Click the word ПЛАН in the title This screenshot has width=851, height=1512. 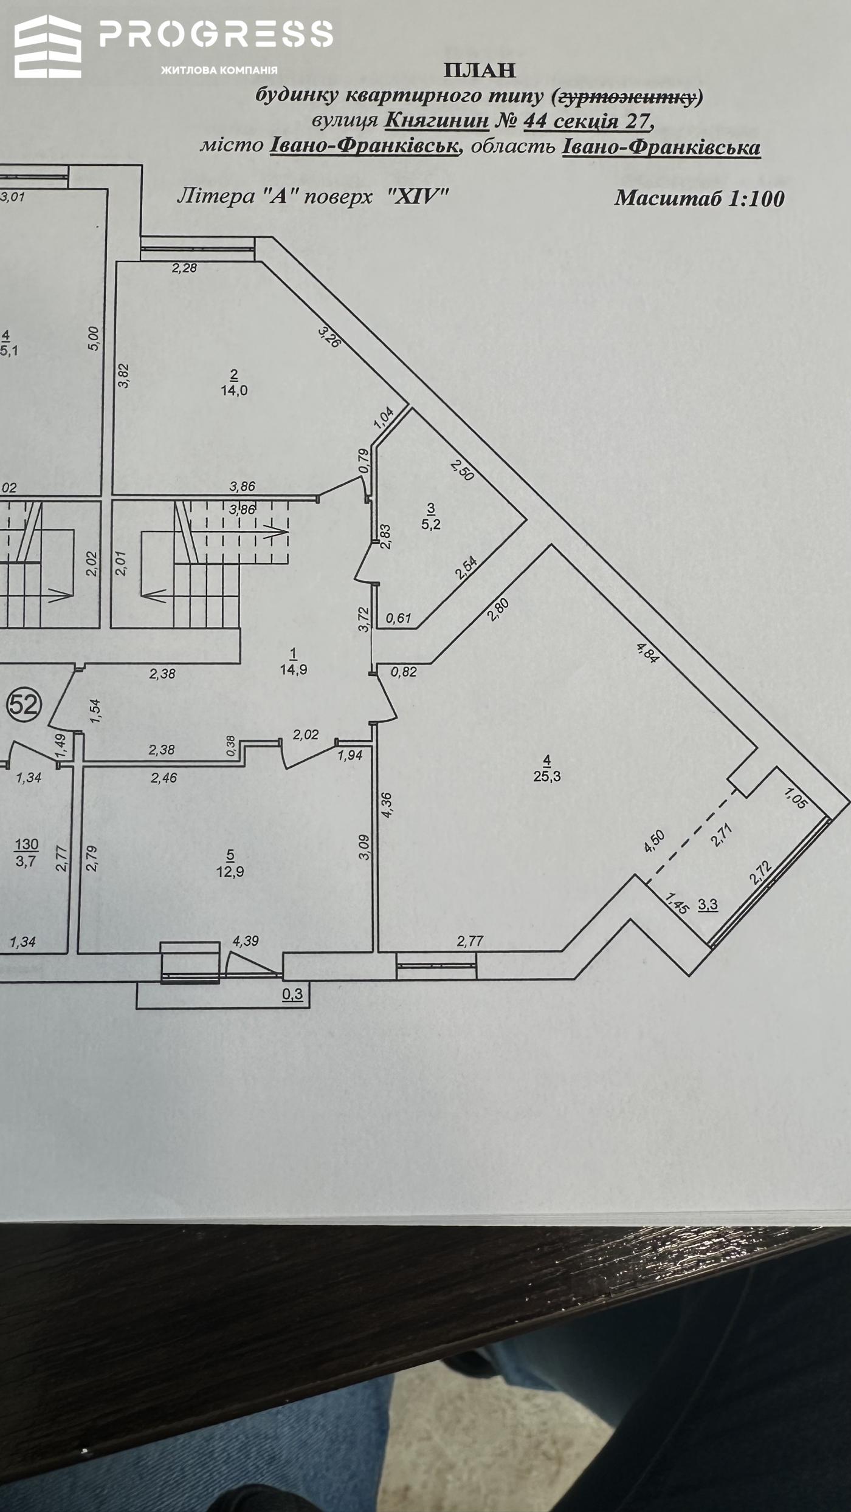(x=480, y=70)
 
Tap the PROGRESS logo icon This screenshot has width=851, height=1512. (x=48, y=46)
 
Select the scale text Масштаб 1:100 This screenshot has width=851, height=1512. (x=699, y=199)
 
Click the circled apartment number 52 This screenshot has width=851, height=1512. (x=23, y=705)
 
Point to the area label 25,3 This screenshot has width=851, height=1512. (x=547, y=776)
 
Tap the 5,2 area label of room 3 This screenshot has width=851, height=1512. (x=431, y=524)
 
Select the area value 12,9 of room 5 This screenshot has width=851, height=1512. (x=230, y=872)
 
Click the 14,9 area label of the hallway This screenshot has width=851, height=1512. (x=294, y=670)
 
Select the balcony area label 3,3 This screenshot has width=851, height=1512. (x=708, y=905)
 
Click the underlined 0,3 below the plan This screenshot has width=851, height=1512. (x=293, y=994)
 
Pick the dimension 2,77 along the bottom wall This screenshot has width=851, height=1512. (x=470, y=941)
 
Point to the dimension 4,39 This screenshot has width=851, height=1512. (x=246, y=941)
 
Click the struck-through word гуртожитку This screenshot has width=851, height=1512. (x=627, y=97)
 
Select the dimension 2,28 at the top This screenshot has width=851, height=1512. (x=184, y=268)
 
